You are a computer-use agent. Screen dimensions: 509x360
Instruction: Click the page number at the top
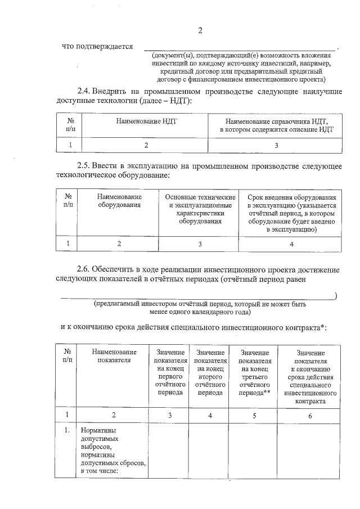(200, 30)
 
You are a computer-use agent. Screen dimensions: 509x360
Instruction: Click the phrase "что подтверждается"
(97, 47)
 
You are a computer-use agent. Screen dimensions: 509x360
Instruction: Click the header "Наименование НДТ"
(146, 121)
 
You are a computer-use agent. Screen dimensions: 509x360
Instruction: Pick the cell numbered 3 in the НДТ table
(276, 146)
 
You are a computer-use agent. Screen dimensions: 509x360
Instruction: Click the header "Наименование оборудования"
(119, 201)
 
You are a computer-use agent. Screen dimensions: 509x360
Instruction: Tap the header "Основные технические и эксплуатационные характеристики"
(200, 209)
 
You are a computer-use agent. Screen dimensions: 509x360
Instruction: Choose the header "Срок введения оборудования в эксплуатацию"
(291, 214)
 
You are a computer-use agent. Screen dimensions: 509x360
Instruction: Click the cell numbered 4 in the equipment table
(291, 244)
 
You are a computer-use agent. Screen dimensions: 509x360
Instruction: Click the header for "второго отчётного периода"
(210, 372)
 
